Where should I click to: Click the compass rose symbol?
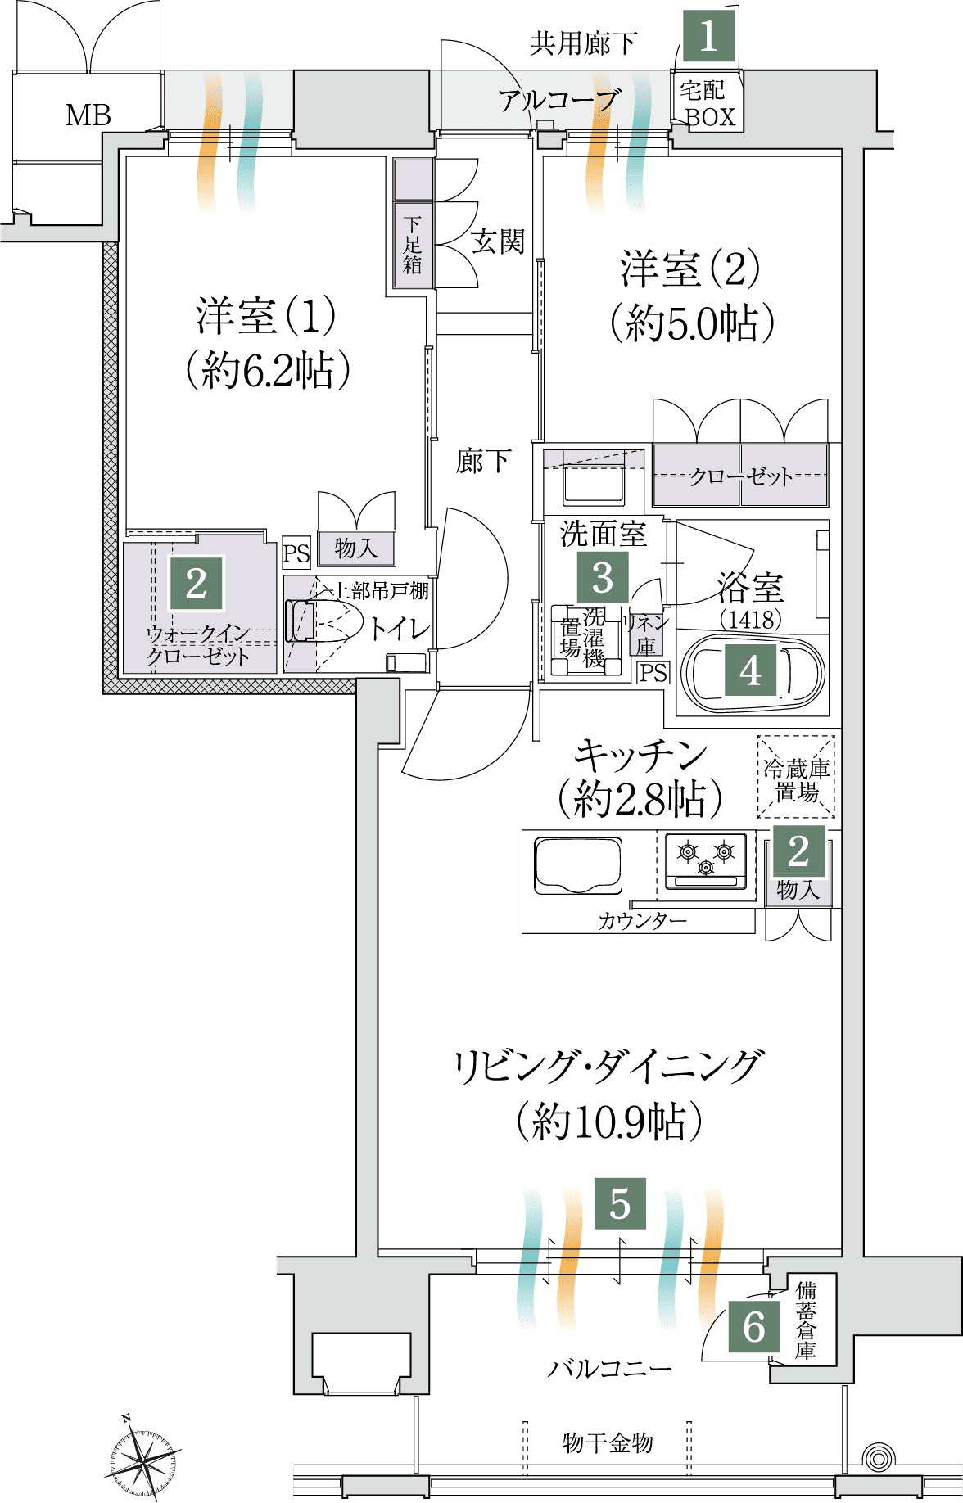[144, 1459]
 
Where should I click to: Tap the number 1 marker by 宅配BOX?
[708, 36]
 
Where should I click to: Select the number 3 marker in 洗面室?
[603, 577]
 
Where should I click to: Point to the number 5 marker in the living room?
[620, 1203]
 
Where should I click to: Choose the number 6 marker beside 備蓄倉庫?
[754, 1327]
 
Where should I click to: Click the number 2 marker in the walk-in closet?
[196, 583]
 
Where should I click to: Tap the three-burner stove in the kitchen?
[706, 860]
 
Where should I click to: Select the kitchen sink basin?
[578, 864]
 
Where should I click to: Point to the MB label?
[88, 115]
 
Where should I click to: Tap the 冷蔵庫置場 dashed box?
[796, 776]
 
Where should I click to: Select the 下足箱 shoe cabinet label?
[413, 245]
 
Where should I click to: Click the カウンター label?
[643, 921]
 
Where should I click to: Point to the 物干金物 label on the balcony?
[608, 1442]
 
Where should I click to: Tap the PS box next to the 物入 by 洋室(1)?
[296, 553]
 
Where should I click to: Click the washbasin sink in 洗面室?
[593, 485]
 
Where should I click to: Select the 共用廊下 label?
[583, 43]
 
